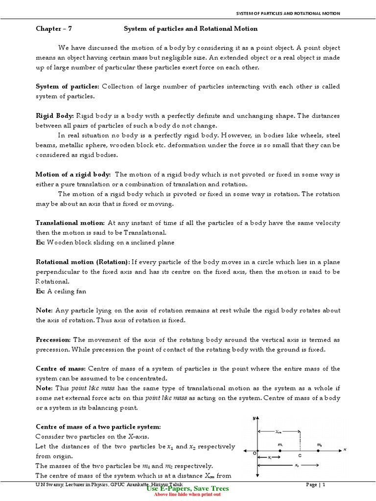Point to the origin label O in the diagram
click(255, 453)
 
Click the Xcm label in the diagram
click(279, 432)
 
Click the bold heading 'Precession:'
click(53, 340)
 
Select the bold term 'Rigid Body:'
click(55, 116)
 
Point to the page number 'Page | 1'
click(316, 484)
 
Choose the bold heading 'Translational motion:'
click(70, 223)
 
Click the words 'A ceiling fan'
click(68, 291)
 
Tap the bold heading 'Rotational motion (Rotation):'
click(83, 262)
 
